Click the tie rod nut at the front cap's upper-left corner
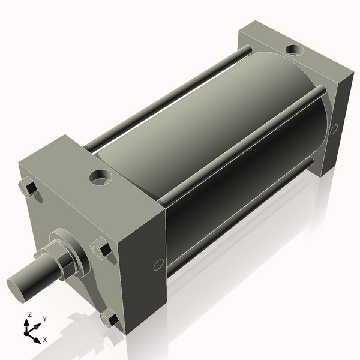[28, 188]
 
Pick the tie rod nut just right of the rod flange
[101, 248]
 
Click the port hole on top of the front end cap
[100, 177]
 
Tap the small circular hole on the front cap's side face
[158, 264]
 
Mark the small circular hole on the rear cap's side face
[334, 128]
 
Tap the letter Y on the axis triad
[44, 319]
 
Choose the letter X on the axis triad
[44, 340]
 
